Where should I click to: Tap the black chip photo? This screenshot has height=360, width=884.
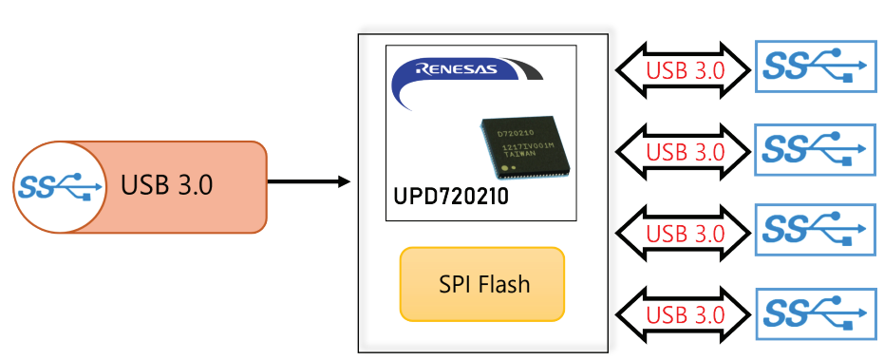[x=524, y=145]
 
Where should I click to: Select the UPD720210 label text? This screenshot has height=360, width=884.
[x=451, y=197]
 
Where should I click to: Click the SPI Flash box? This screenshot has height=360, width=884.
[x=482, y=284]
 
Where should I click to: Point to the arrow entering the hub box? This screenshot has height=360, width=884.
[x=309, y=181]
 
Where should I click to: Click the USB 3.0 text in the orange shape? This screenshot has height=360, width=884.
[x=166, y=185]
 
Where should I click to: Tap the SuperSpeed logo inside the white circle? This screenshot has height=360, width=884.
[x=60, y=186]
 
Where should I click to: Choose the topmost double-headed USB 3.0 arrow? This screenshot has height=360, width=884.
[x=683, y=69]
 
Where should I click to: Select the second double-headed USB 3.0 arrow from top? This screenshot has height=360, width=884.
[x=683, y=151]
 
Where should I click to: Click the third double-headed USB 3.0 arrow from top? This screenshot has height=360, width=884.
[x=683, y=232]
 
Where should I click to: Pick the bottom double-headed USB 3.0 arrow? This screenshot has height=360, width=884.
[x=683, y=313]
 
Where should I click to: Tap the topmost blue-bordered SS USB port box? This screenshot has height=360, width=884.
[x=816, y=66]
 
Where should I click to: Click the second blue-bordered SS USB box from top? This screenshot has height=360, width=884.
[x=816, y=149]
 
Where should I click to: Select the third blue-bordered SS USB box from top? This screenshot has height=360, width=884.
[x=816, y=230]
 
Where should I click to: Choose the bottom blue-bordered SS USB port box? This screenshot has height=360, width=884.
[x=816, y=314]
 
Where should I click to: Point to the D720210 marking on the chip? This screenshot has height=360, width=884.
[x=515, y=133]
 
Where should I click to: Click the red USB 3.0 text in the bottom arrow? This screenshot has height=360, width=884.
[x=685, y=314]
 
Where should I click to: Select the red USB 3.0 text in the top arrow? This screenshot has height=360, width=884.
[x=685, y=70]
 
